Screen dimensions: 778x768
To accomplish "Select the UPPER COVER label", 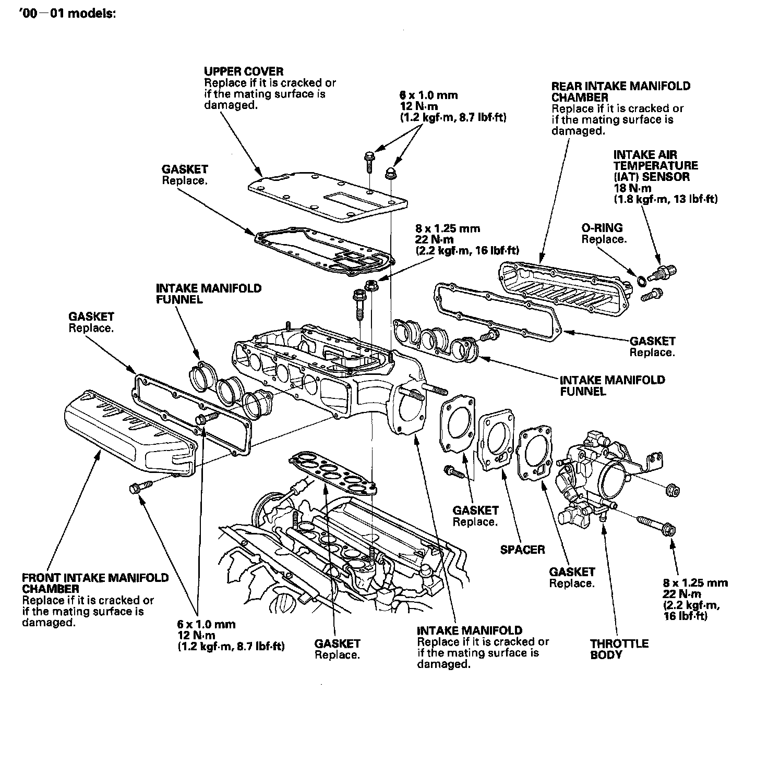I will tap(243, 71).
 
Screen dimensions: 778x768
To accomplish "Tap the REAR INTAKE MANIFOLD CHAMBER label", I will tap(620, 92).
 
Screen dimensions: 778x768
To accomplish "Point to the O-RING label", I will tap(602, 228).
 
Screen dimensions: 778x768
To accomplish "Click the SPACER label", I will tap(522, 549).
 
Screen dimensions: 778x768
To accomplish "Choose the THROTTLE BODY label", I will tap(619, 649).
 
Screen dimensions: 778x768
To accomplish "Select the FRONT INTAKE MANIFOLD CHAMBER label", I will tap(95, 583).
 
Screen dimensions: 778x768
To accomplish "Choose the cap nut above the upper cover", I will tap(389, 173).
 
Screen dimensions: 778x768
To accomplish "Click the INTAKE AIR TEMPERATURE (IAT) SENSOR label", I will tap(655, 165).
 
